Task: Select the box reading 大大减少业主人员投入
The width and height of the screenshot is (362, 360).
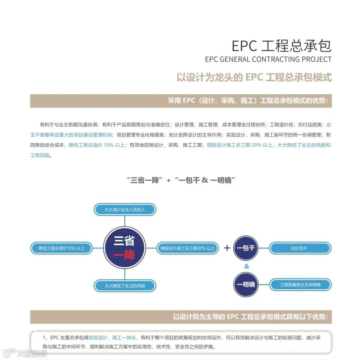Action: coord(125,210)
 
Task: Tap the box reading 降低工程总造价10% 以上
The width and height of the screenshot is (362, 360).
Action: coord(61,248)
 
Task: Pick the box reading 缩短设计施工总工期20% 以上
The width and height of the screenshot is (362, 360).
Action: coord(187,248)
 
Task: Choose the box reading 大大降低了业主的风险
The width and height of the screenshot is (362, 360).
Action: coord(125,286)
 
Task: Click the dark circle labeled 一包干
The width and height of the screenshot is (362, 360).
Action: coord(246,248)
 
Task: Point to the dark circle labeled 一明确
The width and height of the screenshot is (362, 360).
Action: coord(246,285)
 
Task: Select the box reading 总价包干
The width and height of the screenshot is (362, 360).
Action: coord(300,248)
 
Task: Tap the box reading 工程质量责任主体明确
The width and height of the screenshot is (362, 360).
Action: coord(300,285)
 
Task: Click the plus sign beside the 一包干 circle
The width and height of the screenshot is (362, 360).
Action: coord(227,248)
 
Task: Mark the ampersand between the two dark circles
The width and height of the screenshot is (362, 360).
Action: coord(247,267)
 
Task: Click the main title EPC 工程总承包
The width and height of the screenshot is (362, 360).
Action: coord(282,46)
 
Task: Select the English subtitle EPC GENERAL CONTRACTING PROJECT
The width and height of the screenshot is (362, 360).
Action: coord(268,60)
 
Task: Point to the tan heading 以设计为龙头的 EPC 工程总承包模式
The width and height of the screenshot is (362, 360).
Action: coord(254,77)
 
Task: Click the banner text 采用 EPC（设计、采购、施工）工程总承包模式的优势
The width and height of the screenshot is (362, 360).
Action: coord(247,101)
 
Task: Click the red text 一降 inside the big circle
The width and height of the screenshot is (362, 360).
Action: coord(124,256)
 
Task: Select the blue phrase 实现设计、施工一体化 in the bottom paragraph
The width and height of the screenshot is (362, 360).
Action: coord(112,338)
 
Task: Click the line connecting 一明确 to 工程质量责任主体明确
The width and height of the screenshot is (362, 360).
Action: coord(264,285)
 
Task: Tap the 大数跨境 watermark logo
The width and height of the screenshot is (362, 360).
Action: coord(25,353)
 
